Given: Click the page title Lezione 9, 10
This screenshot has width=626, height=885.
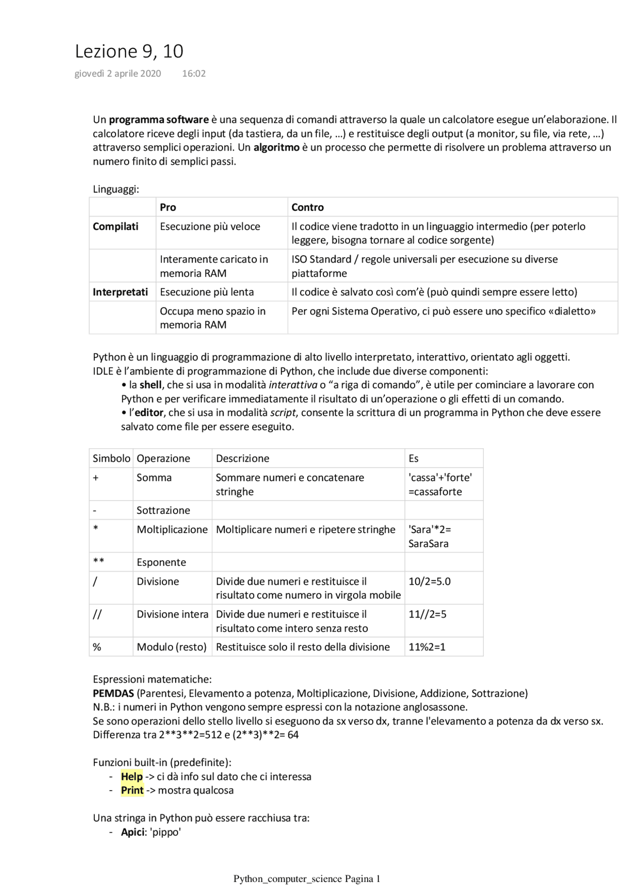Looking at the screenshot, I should pyautogui.click(x=129, y=51).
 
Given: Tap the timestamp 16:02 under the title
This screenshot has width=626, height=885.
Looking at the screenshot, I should pyautogui.click(x=194, y=74).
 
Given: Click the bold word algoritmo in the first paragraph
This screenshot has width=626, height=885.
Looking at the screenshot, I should pyautogui.click(x=276, y=147).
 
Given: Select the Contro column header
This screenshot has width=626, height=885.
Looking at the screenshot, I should pyautogui.click(x=308, y=207).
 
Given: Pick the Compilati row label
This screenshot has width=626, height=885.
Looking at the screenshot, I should pyautogui.click(x=115, y=226).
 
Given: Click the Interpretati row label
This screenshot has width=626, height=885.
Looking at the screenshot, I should pyautogui.click(x=120, y=292).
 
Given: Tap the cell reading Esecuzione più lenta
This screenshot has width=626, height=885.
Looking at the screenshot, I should pyautogui.click(x=207, y=292).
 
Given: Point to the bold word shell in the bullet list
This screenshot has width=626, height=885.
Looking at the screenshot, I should pyautogui.click(x=150, y=385).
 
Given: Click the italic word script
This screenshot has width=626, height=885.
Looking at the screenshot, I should pyautogui.click(x=283, y=413).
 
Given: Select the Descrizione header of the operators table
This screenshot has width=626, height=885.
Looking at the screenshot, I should pyautogui.click(x=243, y=459).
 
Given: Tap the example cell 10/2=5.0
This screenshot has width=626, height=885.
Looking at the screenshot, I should pyautogui.click(x=429, y=581).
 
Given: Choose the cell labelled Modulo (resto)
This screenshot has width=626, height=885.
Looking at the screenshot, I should pyautogui.click(x=172, y=647).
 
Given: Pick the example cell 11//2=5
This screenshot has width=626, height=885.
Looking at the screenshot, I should pyautogui.click(x=427, y=614).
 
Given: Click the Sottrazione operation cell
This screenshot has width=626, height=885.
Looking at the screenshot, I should pyautogui.click(x=163, y=510).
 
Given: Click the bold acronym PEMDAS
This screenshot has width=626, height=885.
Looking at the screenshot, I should pyautogui.click(x=113, y=693).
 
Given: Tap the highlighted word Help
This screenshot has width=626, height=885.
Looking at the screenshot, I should pyautogui.click(x=132, y=776).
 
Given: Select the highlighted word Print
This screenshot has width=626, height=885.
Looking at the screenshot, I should pyautogui.click(x=132, y=791).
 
